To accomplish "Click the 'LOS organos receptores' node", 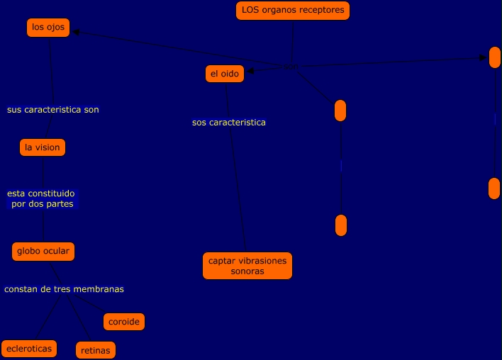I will (293, 11).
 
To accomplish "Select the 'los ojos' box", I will (48, 28).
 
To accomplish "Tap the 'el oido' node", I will (224, 73).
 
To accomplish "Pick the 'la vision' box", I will (42, 147).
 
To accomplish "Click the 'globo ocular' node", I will (43, 251).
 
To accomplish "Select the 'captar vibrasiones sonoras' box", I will (247, 266).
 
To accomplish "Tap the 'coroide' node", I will (124, 322).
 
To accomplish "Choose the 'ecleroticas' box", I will (28, 348).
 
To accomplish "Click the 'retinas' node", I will (95, 349).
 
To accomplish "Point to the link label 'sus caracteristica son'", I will (53, 110).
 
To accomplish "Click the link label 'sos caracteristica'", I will (229, 123).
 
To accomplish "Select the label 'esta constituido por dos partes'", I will (41, 198).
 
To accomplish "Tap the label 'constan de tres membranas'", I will (64, 289).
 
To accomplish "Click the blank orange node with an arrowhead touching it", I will (494, 57).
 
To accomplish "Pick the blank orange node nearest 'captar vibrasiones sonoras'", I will (340, 225).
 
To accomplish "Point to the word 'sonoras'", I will (247, 271).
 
